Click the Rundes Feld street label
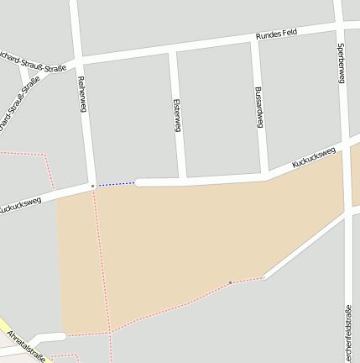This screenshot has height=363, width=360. pos(277,35)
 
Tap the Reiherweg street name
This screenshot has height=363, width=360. pos(82,94)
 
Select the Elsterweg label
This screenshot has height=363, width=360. pos(176,115)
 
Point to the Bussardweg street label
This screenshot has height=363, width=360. pos(258,107)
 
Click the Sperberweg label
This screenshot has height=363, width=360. pos(341,63)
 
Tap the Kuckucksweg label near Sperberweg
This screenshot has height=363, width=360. pos(314,157)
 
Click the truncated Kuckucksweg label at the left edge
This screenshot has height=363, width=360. pos(18,206)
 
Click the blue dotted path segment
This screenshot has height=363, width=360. pos(115,183)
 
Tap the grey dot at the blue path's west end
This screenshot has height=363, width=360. pos(92,186)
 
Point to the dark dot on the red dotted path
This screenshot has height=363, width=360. pos(230,283)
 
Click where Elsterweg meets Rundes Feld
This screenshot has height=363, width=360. pos(172,50)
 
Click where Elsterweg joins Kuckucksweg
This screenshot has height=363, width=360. pos(182,180)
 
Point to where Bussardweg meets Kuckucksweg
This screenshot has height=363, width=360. pos(265,176)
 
